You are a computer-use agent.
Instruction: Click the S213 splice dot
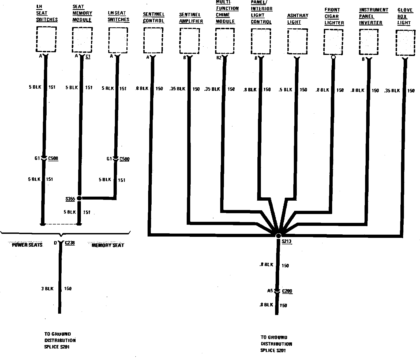click(x=279, y=236)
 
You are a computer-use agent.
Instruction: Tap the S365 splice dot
click(x=79, y=198)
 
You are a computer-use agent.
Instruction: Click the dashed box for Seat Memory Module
click(x=82, y=39)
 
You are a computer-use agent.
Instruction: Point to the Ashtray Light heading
click(x=298, y=19)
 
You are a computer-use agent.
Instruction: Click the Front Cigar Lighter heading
click(x=334, y=16)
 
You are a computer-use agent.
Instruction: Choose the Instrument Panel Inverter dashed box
click(x=369, y=42)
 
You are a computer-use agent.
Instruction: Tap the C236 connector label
click(x=70, y=243)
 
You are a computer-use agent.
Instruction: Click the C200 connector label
click(x=287, y=291)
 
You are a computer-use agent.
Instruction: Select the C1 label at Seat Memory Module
click(x=88, y=57)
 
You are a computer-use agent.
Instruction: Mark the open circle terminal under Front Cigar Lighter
click(x=333, y=57)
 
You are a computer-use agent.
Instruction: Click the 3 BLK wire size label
click(x=47, y=288)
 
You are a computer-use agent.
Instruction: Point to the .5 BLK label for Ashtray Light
click(x=285, y=90)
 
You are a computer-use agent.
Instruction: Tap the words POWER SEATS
click(x=27, y=245)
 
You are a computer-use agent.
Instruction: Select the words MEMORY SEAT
click(x=108, y=245)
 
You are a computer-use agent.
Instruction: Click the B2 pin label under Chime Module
click(x=219, y=58)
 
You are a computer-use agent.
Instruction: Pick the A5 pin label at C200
click(x=270, y=291)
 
